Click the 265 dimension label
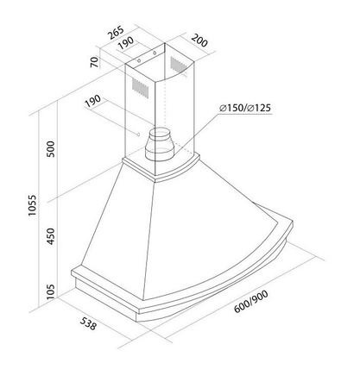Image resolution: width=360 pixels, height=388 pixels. [x=117, y=32]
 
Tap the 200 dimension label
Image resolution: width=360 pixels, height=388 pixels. [x=199, y=41]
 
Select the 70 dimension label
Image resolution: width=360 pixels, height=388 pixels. [x=94, y=62]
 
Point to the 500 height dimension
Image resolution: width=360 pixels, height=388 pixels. [x=51, y=149]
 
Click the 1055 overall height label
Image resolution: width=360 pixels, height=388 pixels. [x=32, y=205]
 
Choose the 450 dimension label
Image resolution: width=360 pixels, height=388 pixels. [x=51, y=236]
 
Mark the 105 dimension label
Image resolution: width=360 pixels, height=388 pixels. [x=51, y=291]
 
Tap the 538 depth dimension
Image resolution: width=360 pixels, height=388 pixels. [x=88, y=323]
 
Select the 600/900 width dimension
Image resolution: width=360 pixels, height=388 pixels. [x=251, y=301]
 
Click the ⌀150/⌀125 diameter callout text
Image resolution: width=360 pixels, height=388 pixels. [x=245, y=108]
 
